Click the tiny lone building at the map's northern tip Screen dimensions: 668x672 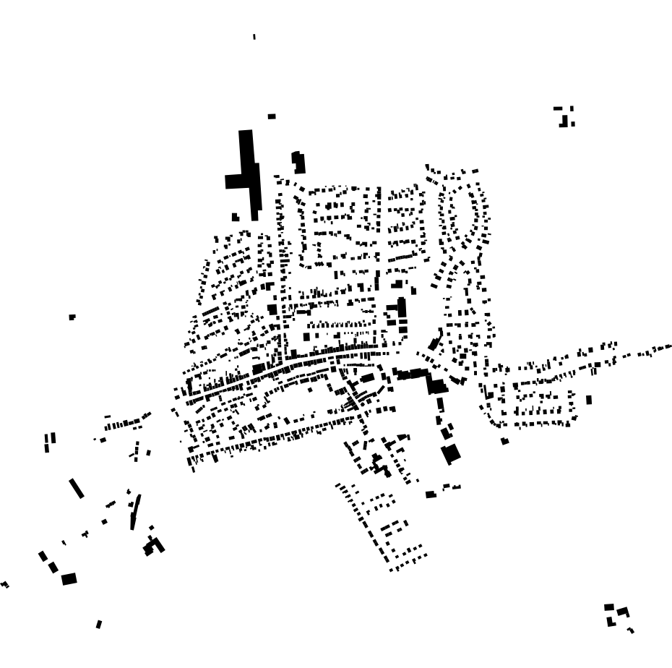click(254, 36)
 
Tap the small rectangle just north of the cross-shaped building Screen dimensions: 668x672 click(272, 116)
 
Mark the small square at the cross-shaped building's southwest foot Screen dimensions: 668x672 click(236, 216)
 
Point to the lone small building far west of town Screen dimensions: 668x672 click(72, 317)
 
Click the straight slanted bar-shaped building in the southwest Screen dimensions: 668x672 click(77, 488)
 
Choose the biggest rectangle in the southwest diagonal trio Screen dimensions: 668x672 click(69, 578)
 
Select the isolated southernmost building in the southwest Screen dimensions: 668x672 click(99, 623)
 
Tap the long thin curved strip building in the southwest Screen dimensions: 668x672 click(135, 511)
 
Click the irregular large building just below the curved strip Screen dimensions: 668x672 click(154, 545)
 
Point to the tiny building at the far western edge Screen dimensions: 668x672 click(5, 584)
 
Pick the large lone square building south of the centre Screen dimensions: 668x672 click(451, 454)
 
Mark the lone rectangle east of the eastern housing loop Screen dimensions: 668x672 click(589, 399)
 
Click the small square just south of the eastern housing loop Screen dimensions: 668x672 click(505, 440)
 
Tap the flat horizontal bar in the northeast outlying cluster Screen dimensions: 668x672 click(559, 108)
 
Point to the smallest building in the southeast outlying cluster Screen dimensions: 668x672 click(631, 630)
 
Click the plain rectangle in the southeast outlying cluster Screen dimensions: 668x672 click(609, 607)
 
